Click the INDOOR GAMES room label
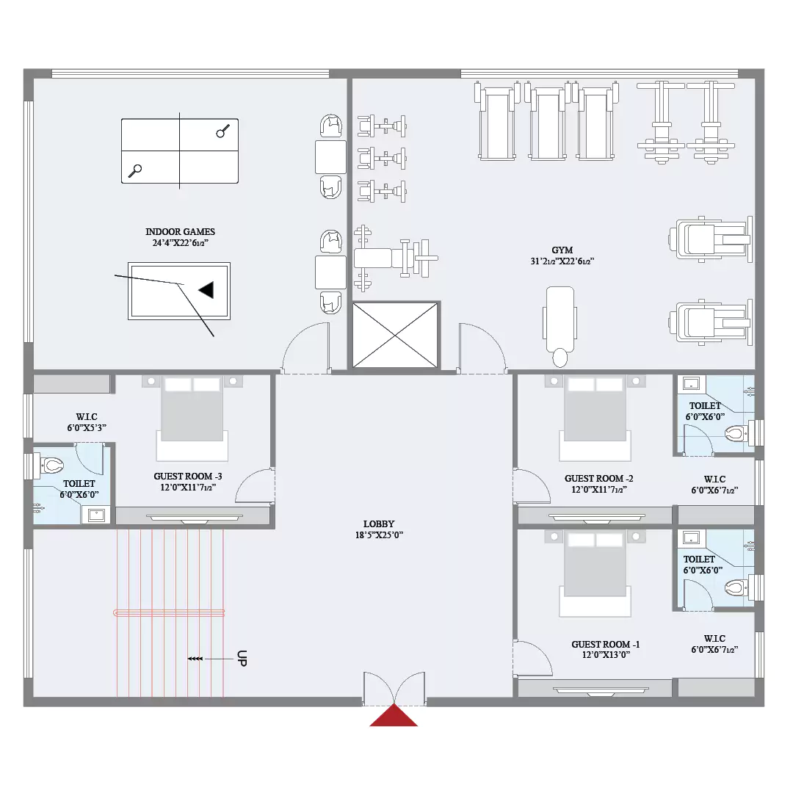coord(180,231)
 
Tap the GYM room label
coord(562,250)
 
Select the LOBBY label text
coord(379,524)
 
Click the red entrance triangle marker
coord(394,716)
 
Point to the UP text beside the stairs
coord(242,659)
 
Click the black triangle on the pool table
coord(206,290)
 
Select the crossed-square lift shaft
coord(395,335)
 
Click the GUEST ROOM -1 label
coord(605,645)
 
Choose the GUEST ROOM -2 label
coord(599,479)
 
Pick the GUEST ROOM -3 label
coord(188,477)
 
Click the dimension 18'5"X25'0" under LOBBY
coord(379,535)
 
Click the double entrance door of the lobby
coord(394,688)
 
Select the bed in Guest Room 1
coord(595,573)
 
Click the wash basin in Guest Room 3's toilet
coord(96,515)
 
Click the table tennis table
coord(180,151)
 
